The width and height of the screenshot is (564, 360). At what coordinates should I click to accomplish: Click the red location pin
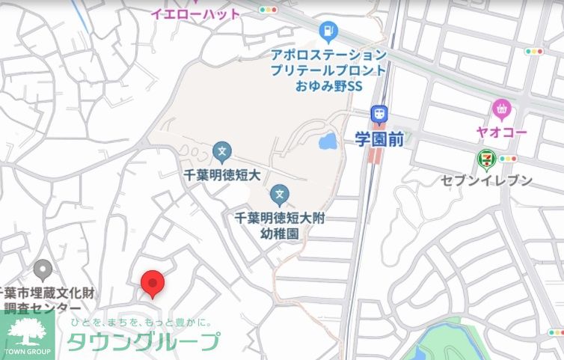(153, 283)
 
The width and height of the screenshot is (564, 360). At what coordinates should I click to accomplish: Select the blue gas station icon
(328, 31)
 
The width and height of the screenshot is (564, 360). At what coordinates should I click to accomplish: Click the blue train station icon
(380, 115)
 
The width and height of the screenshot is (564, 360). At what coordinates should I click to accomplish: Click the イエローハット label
(195, 13)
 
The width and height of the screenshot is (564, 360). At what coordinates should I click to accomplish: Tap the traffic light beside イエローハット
(267, 10)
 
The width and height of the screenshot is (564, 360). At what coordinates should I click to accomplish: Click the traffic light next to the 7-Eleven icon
(509, 159)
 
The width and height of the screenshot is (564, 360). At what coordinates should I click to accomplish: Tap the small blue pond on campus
(327, 141)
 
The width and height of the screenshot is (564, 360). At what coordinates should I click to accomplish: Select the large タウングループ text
(143, 341)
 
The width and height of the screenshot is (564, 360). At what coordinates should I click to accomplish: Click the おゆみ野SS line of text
(328, 86)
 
